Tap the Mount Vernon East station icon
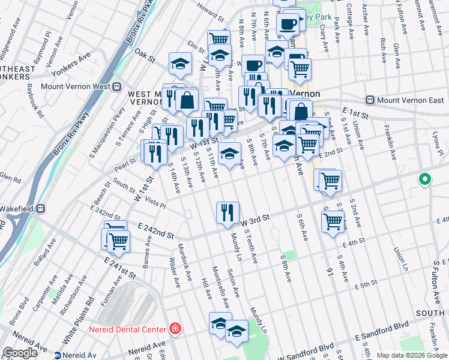370,100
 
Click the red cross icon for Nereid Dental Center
175,329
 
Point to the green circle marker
425,179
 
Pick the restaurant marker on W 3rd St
228,213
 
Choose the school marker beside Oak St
179,64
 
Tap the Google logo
20,353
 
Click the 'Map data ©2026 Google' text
411,355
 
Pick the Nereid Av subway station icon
59,355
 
